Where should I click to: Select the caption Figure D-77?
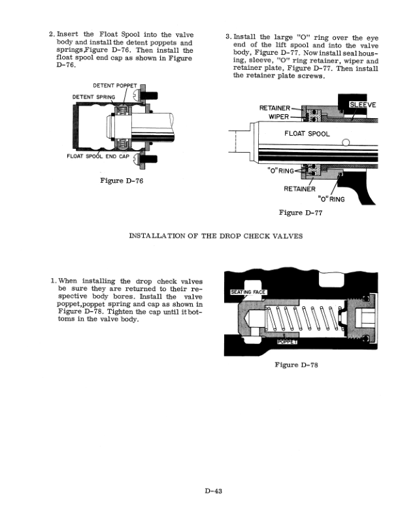click(300, 212)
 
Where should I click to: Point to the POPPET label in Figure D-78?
click(288, 341)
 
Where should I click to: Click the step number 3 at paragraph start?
click(227, 37)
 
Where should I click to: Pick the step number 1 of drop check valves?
click(52, 281)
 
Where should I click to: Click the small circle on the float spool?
click(345, 144)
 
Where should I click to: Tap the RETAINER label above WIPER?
click(275, 108)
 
